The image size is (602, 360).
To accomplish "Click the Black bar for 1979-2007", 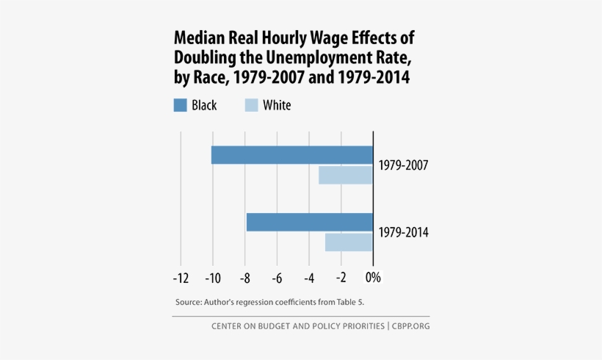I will tap(292, 155).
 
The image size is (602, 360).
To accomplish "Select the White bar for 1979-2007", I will tap(345, 175).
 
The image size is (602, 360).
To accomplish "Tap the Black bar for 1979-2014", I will tap(309, 222).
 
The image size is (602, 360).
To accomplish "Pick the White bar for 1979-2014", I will tap(349, 242).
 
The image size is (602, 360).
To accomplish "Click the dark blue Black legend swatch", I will tap(180, 105).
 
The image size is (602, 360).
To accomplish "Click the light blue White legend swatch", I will tap(250, 105).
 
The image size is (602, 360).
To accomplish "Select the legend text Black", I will tap(204, 105).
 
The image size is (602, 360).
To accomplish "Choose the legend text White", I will tap(277, 105).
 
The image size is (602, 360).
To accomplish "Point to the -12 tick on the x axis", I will tap(181, 278).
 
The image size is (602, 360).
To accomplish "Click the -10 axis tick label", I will tap(213, 278).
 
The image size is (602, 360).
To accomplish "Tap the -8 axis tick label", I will tap(245, 278).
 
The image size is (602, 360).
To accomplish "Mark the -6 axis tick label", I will tap(277, 278).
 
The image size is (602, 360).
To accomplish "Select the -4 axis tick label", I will tap(309, 278).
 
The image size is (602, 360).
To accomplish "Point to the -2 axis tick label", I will tap(341, 278).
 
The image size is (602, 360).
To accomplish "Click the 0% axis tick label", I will tap(373, 278).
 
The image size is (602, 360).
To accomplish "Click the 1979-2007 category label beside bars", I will tap(403, 165).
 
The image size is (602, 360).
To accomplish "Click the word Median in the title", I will tap(195, 38).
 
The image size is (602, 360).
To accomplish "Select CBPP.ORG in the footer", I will tap(411, 325).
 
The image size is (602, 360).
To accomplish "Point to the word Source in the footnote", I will tap(189, 302).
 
